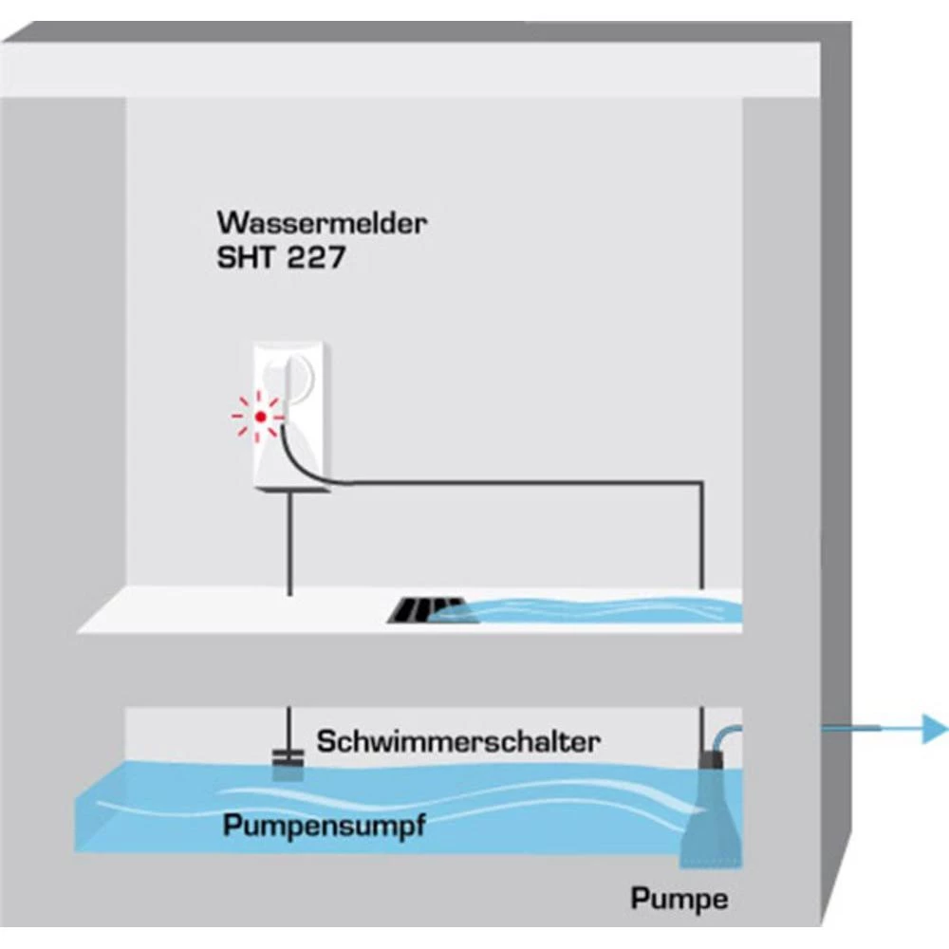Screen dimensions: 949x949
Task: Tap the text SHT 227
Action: (280, 258)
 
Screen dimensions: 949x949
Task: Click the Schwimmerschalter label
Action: (459, 740)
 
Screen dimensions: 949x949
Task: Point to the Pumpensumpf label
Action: (323, 825)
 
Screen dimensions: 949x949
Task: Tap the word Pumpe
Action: (679, 897)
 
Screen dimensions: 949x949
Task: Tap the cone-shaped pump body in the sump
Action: (712, 816)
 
